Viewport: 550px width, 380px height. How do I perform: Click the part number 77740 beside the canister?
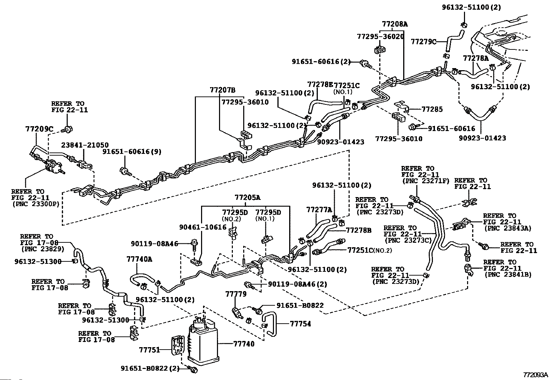click(x=244, y=344)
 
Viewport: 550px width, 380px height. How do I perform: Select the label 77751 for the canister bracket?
click(x=149, y=350)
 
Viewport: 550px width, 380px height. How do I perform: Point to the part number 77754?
click(x=300, y=324)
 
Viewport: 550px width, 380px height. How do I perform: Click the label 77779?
click(x=236, y=294)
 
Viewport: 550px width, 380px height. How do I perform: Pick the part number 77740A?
click(x=139, y=258)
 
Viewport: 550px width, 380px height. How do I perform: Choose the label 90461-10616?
click(x=203, y=227)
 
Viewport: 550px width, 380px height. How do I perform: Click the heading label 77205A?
click(x=247, y=198)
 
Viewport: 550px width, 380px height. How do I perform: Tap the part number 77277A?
click(x=319, y=210)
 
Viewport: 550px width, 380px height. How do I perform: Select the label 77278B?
click(x=359, y=230)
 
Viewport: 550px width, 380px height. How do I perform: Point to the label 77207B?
click(x=222, y=90)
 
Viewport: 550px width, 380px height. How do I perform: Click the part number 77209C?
click(x=39, y=129)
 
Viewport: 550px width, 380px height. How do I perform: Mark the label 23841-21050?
click(x=85, y=145)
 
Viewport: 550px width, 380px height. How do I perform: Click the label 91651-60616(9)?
click(x=132, y=151)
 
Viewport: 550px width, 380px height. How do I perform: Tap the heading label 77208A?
click(x=395, y=24)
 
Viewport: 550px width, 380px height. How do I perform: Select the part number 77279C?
click(x=424, y=42)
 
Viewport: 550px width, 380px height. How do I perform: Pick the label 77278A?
click(x=476, y=58)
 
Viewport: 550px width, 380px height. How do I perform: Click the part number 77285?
click(x=432, y=109)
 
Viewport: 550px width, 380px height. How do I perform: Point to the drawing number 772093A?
click(x=535, y=375)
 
